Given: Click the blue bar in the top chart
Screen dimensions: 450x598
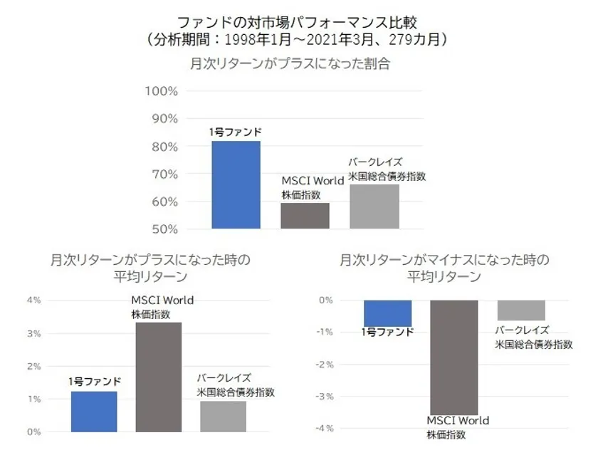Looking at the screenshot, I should (236, 185).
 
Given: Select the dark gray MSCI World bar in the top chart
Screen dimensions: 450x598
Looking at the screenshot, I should (305, 216).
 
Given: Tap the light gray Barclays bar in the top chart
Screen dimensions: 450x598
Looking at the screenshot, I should (374, 206).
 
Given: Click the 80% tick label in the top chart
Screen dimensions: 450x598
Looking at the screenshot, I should (163, 147).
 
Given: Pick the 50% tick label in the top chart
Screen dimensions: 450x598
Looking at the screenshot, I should (163, 229).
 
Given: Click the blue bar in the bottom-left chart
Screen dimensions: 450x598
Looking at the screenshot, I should (94, 412).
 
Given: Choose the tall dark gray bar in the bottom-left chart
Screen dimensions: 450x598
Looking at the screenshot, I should (159, 377).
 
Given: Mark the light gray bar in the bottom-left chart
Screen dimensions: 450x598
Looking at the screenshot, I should (223, 417).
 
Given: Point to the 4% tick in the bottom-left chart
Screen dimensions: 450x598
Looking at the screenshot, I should (33, 300).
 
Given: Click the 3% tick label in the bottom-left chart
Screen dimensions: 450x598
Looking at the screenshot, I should (33, 333).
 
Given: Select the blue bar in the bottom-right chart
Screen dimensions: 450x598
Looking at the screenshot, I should (387, 313).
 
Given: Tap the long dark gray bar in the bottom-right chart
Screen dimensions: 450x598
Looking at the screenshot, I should (453, 356).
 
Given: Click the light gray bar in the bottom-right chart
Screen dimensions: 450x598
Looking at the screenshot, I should (521, 310).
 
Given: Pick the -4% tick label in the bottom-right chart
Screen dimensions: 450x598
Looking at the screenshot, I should (325, 429).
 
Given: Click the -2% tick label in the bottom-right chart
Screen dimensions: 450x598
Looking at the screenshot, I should (325, 365).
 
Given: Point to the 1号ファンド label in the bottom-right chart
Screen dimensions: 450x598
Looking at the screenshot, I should (387, 332).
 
